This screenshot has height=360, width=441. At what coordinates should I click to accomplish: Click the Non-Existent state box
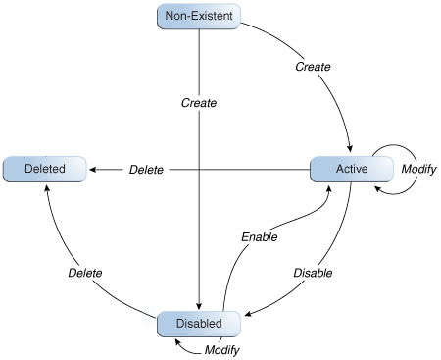click(199, 16)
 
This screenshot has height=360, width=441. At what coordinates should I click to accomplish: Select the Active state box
click(351, 169)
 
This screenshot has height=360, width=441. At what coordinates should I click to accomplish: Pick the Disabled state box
click(199, 323)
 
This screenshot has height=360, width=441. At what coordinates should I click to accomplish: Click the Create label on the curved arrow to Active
click(313, 67)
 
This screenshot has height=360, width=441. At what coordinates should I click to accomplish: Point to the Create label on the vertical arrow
click(199, 102)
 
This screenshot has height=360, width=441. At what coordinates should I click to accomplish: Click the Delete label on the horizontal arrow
click(146, 170)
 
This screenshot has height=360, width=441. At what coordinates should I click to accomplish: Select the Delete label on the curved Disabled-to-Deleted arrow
click(86, 272)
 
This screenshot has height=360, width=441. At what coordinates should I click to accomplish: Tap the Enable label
click(260, 236)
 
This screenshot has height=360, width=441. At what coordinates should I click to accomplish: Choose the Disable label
click(313, 272)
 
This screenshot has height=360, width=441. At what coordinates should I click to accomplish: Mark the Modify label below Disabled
click(222, 349)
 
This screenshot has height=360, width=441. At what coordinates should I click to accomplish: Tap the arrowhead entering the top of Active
click(349, 150)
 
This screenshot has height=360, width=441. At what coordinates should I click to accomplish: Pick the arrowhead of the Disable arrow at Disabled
click(249, 317)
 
